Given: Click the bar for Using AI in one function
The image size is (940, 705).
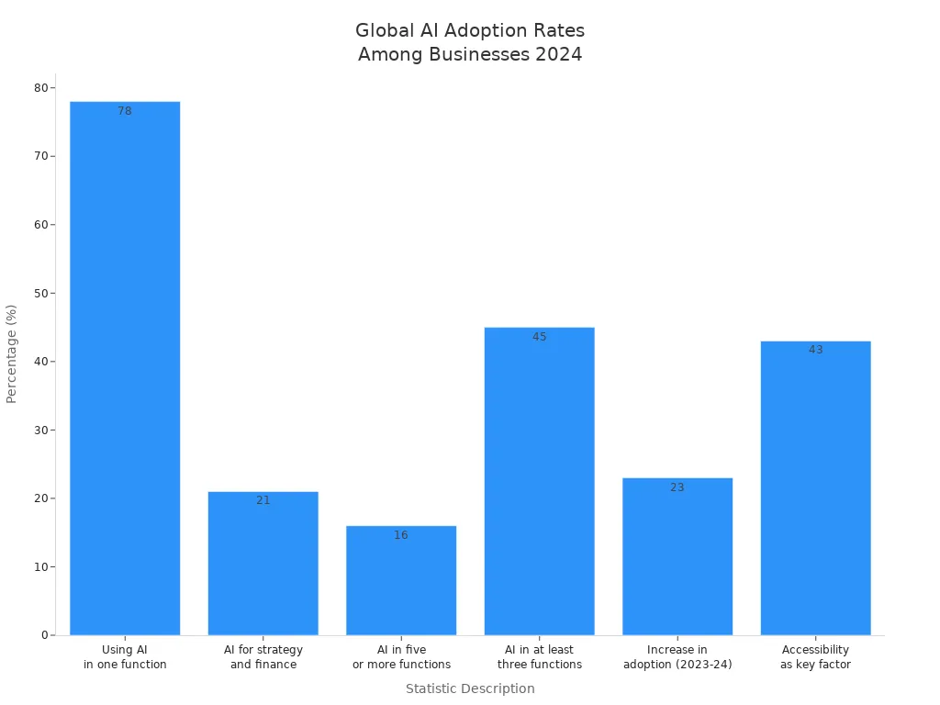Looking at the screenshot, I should point(125,367).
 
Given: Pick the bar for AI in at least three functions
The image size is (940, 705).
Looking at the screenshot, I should point(540,481).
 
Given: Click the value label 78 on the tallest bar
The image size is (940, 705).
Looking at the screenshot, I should point(125,111).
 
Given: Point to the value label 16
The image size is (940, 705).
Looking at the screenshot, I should point(401,535).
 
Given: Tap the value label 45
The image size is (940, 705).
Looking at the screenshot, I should point(540,337).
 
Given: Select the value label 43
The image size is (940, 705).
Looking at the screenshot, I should point(816,350).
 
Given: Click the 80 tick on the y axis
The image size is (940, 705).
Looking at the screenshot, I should point(41,88).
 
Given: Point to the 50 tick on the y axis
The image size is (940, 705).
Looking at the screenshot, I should point(41,294).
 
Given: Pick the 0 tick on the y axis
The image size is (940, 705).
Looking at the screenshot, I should point(44,635).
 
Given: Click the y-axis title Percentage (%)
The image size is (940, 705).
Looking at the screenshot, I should point(12,353).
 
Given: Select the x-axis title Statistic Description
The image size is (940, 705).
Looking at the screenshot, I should point(470,688).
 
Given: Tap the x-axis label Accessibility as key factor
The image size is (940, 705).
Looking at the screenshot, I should point(816,657).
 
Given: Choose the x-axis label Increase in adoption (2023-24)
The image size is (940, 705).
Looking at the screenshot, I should point(677,657).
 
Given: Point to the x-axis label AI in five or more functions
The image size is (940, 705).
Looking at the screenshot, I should point(401,657).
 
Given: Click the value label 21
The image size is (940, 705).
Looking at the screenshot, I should point(263,500).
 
